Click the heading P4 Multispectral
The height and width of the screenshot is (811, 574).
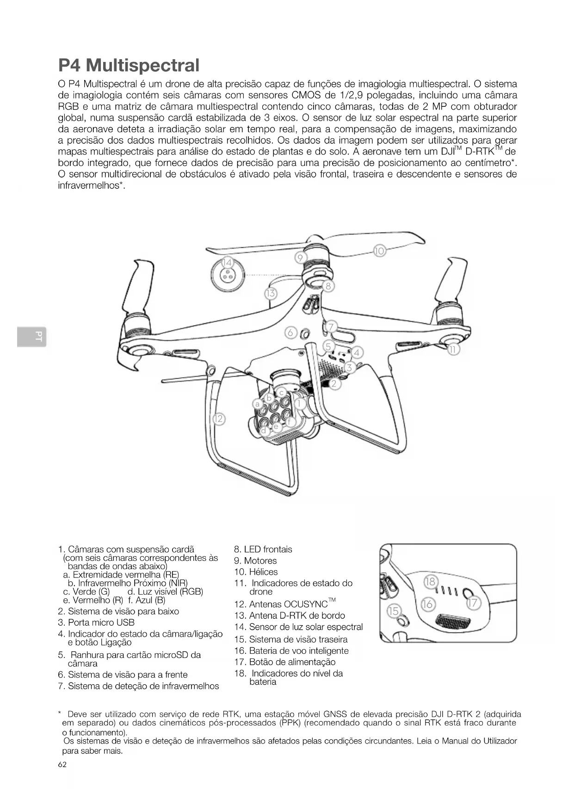[129, 65]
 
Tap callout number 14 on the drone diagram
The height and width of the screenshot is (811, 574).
[227, 263]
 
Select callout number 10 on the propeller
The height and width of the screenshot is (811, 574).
[379, 251]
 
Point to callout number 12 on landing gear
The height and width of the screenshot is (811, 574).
[218, 419]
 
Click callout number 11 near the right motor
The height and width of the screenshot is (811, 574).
[453, 350]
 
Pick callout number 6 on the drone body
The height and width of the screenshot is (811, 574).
[290, 332]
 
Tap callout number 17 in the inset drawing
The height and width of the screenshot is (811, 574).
[474, 603]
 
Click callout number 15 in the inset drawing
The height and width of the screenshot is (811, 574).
[393, 611]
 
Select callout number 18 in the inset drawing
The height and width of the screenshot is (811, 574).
[430, 581]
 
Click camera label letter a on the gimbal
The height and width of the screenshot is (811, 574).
[258, 404]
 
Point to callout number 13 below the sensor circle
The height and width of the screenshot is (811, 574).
[271, 293]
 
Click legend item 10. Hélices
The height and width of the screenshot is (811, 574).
[256, 572]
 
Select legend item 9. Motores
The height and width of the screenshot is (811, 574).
[255, 561]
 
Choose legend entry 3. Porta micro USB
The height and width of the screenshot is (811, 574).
[96, 622]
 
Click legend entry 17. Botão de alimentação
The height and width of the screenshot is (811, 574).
[285, 662]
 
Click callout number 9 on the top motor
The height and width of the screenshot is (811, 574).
[300, 258]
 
